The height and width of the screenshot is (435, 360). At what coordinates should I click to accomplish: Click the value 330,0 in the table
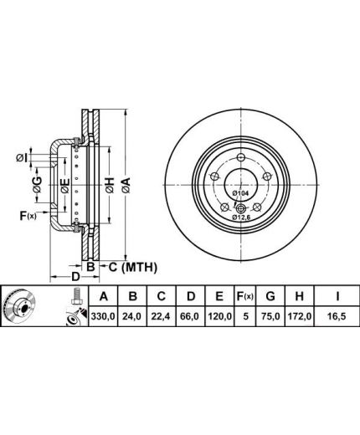pyautogui.click(x=103, y=316)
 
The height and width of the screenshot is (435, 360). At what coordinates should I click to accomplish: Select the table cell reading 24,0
pyautogui.click(x=133, y=316)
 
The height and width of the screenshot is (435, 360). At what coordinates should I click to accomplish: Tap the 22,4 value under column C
pyautogui.click(x=162, y=316)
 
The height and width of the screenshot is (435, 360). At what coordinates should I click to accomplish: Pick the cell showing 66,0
pyautogui.click(x=190, y=316)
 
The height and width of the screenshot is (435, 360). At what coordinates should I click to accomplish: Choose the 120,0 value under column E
pyautogui.click(x=219, y=316)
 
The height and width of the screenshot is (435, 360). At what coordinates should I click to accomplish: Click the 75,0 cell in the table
pyautogui.click(x=270, y=316)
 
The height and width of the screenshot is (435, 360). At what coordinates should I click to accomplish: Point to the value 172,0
pyautogui.click(x=299, y=316)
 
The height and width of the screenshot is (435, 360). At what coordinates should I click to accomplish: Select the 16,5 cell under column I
pyautogui.click(x=337, y=316)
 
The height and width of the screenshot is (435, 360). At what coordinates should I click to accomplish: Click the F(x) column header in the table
pyautogui.click(x=244, y=296)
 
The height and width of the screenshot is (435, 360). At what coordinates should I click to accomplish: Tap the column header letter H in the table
pyautogui.click(x=299, y=296)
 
